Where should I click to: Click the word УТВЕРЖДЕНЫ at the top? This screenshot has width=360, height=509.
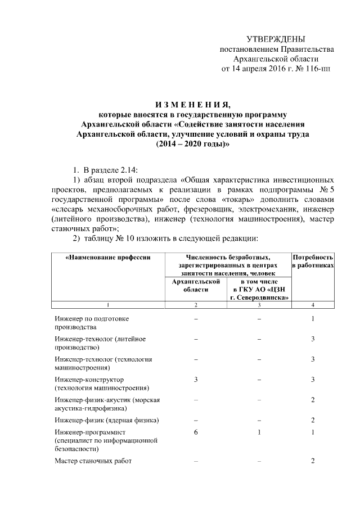pyautogui.click(x=276, y=39)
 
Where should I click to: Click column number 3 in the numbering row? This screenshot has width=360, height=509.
pyautogui.click(x=259, y=305)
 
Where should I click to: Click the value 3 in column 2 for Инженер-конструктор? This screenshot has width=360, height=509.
pyautogui.click(x=195, y=380)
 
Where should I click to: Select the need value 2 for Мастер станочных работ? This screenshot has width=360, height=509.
pyautogui.click(x=313, y=461)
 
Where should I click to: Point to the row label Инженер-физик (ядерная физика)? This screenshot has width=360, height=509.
pyautogui.click(x=106, y=420)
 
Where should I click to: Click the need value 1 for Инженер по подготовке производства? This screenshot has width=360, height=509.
pyautogui.click(x=313, y=319)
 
